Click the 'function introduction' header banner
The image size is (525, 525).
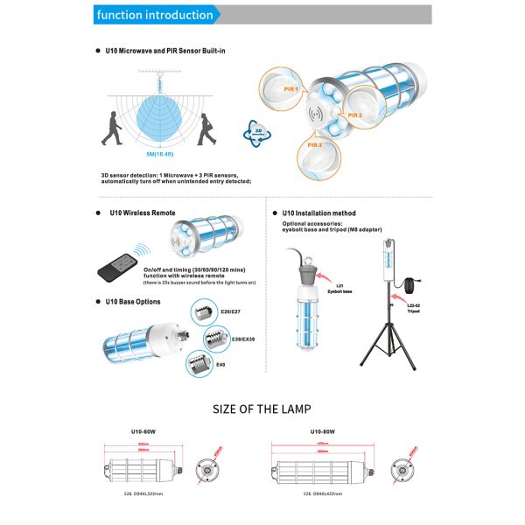click(x=155, y=15)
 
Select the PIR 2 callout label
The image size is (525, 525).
click(x=355, y=115)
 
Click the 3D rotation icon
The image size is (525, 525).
click(x=257, y=129)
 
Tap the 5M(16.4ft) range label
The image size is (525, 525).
click(x=158, y=153)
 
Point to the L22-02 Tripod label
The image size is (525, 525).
click(x=417, y=308)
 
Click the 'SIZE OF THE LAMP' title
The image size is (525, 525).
click(x=262, y=409)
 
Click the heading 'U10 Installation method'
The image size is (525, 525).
click(x=319, y=213)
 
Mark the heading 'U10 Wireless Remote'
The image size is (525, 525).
click(x=140, y=213)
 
